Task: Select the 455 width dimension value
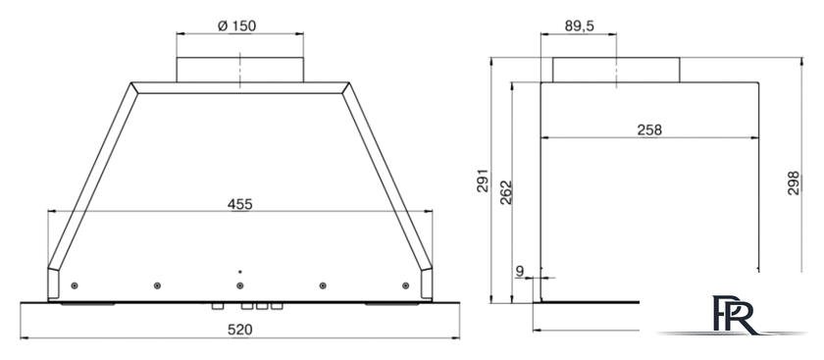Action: (x=240, y=204)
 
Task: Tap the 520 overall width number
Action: (x=240, y=330)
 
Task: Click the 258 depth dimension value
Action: (x=648, y=129)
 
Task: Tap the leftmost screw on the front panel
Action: (x=76, y=285)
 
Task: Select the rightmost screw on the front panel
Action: (x=405, y=285)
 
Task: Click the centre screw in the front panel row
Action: (x=240, y=285)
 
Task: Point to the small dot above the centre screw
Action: (x=240, y=270)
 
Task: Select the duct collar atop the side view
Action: (x=615, y=70)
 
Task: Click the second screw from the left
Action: (x=158, y=285)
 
